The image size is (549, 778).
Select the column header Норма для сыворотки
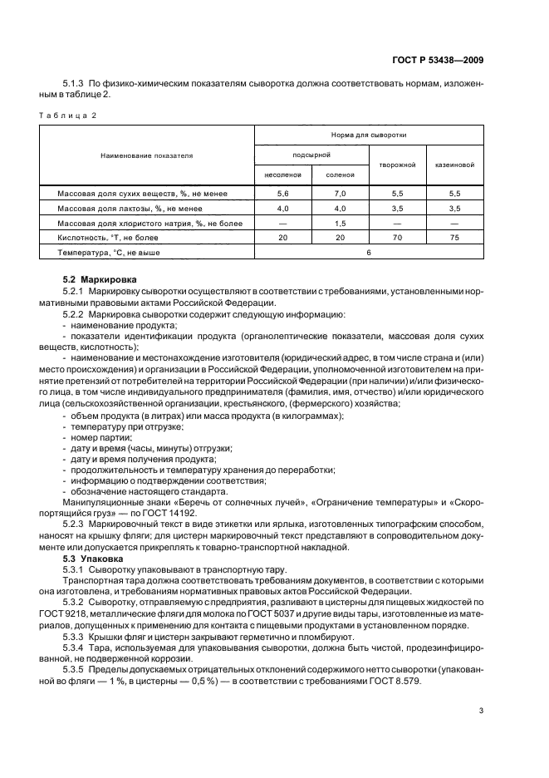point(368,134)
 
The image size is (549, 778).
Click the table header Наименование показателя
point(147,155)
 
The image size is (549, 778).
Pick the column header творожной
point(397,165)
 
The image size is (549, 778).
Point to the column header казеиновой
point(453,165)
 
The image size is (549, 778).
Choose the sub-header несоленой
point(282,175)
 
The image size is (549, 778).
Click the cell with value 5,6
point(282,193)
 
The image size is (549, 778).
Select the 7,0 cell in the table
point(341,193)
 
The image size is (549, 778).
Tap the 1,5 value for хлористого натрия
point(341,222)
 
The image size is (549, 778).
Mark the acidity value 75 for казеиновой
point(453,237)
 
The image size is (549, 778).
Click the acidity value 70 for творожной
point(397,237)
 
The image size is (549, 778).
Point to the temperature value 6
point(368,252)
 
